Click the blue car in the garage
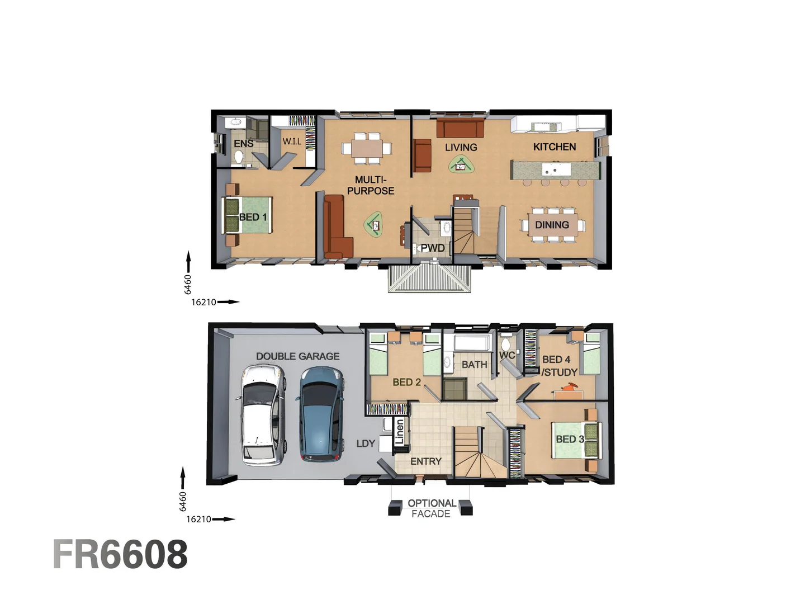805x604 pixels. (x=320, y=414)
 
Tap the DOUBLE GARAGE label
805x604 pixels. (x=297, y=356)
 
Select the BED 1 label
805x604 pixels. (x=253, y=217)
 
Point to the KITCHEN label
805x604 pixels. (x=554, y=147)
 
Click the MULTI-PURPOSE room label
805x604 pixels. (x=371, y=185)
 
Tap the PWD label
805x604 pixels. (x=433, y=248)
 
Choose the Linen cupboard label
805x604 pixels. (x=399, y=432)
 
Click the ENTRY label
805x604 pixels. (x=426, y=461)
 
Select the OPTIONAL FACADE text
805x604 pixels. (x=432, y=508)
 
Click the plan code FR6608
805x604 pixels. (x=121, y=554)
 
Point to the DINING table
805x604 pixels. (x=552, y=225)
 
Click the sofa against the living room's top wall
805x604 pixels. (x=460, y=128)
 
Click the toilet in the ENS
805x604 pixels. (x=239, y=158)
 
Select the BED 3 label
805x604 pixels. (x=570, y=439)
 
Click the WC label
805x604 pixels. (x=506, y=355)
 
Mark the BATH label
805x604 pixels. (x=474, y=365)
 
